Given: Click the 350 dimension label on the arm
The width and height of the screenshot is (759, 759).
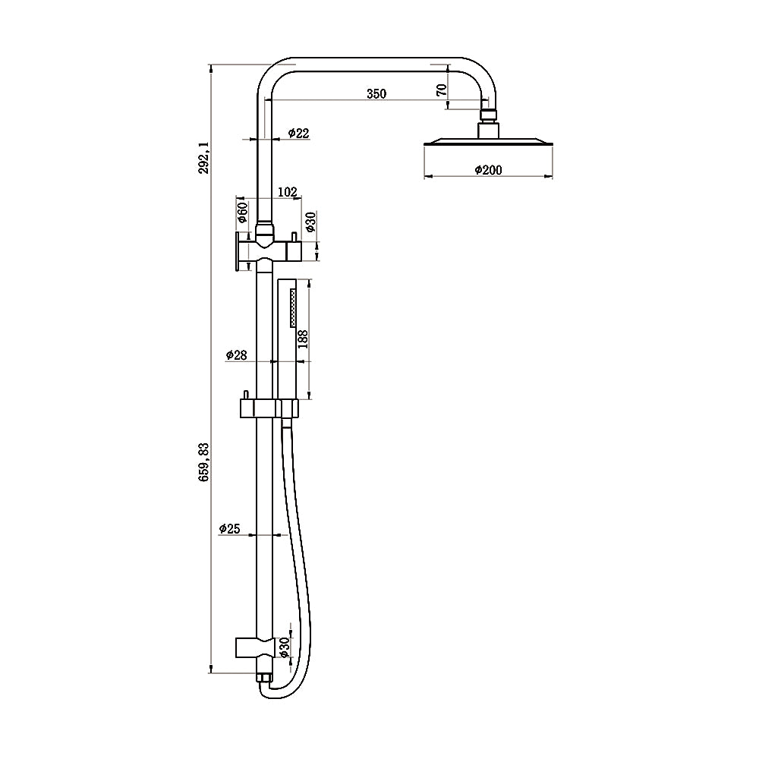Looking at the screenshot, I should pyautogui.click(x=376, y=94).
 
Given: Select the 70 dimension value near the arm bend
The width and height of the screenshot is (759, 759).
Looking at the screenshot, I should pyautogui.click(x=441, y=89).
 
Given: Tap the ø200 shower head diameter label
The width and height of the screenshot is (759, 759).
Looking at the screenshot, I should pyautogui.click(x=487, y=170).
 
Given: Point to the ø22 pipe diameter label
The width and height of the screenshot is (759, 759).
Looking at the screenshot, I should pyautogui.click(x=299, y=134).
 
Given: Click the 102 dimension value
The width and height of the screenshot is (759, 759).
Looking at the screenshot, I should pyautogui.click(x=287, y=193).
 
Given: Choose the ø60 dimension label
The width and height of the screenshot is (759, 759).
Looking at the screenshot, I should pyautogui.click(x=242, y=213).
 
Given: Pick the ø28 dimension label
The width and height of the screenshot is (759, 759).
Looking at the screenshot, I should pyautogui.click(x=236, y=355).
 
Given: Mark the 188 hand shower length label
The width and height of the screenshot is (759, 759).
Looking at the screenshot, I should pyautogui.click(x=303, y=339).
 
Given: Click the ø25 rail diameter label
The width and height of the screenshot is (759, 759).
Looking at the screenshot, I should pyautogui.click(x=229, y=529).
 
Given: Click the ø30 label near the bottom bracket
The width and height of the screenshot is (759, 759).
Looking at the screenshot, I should pyautogui.click(x=284, y=646).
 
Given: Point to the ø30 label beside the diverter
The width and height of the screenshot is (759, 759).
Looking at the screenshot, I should pyautogui.click(x=310, y=222).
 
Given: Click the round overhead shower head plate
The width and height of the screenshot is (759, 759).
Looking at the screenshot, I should pyautogui.click(x=487, y=143).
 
